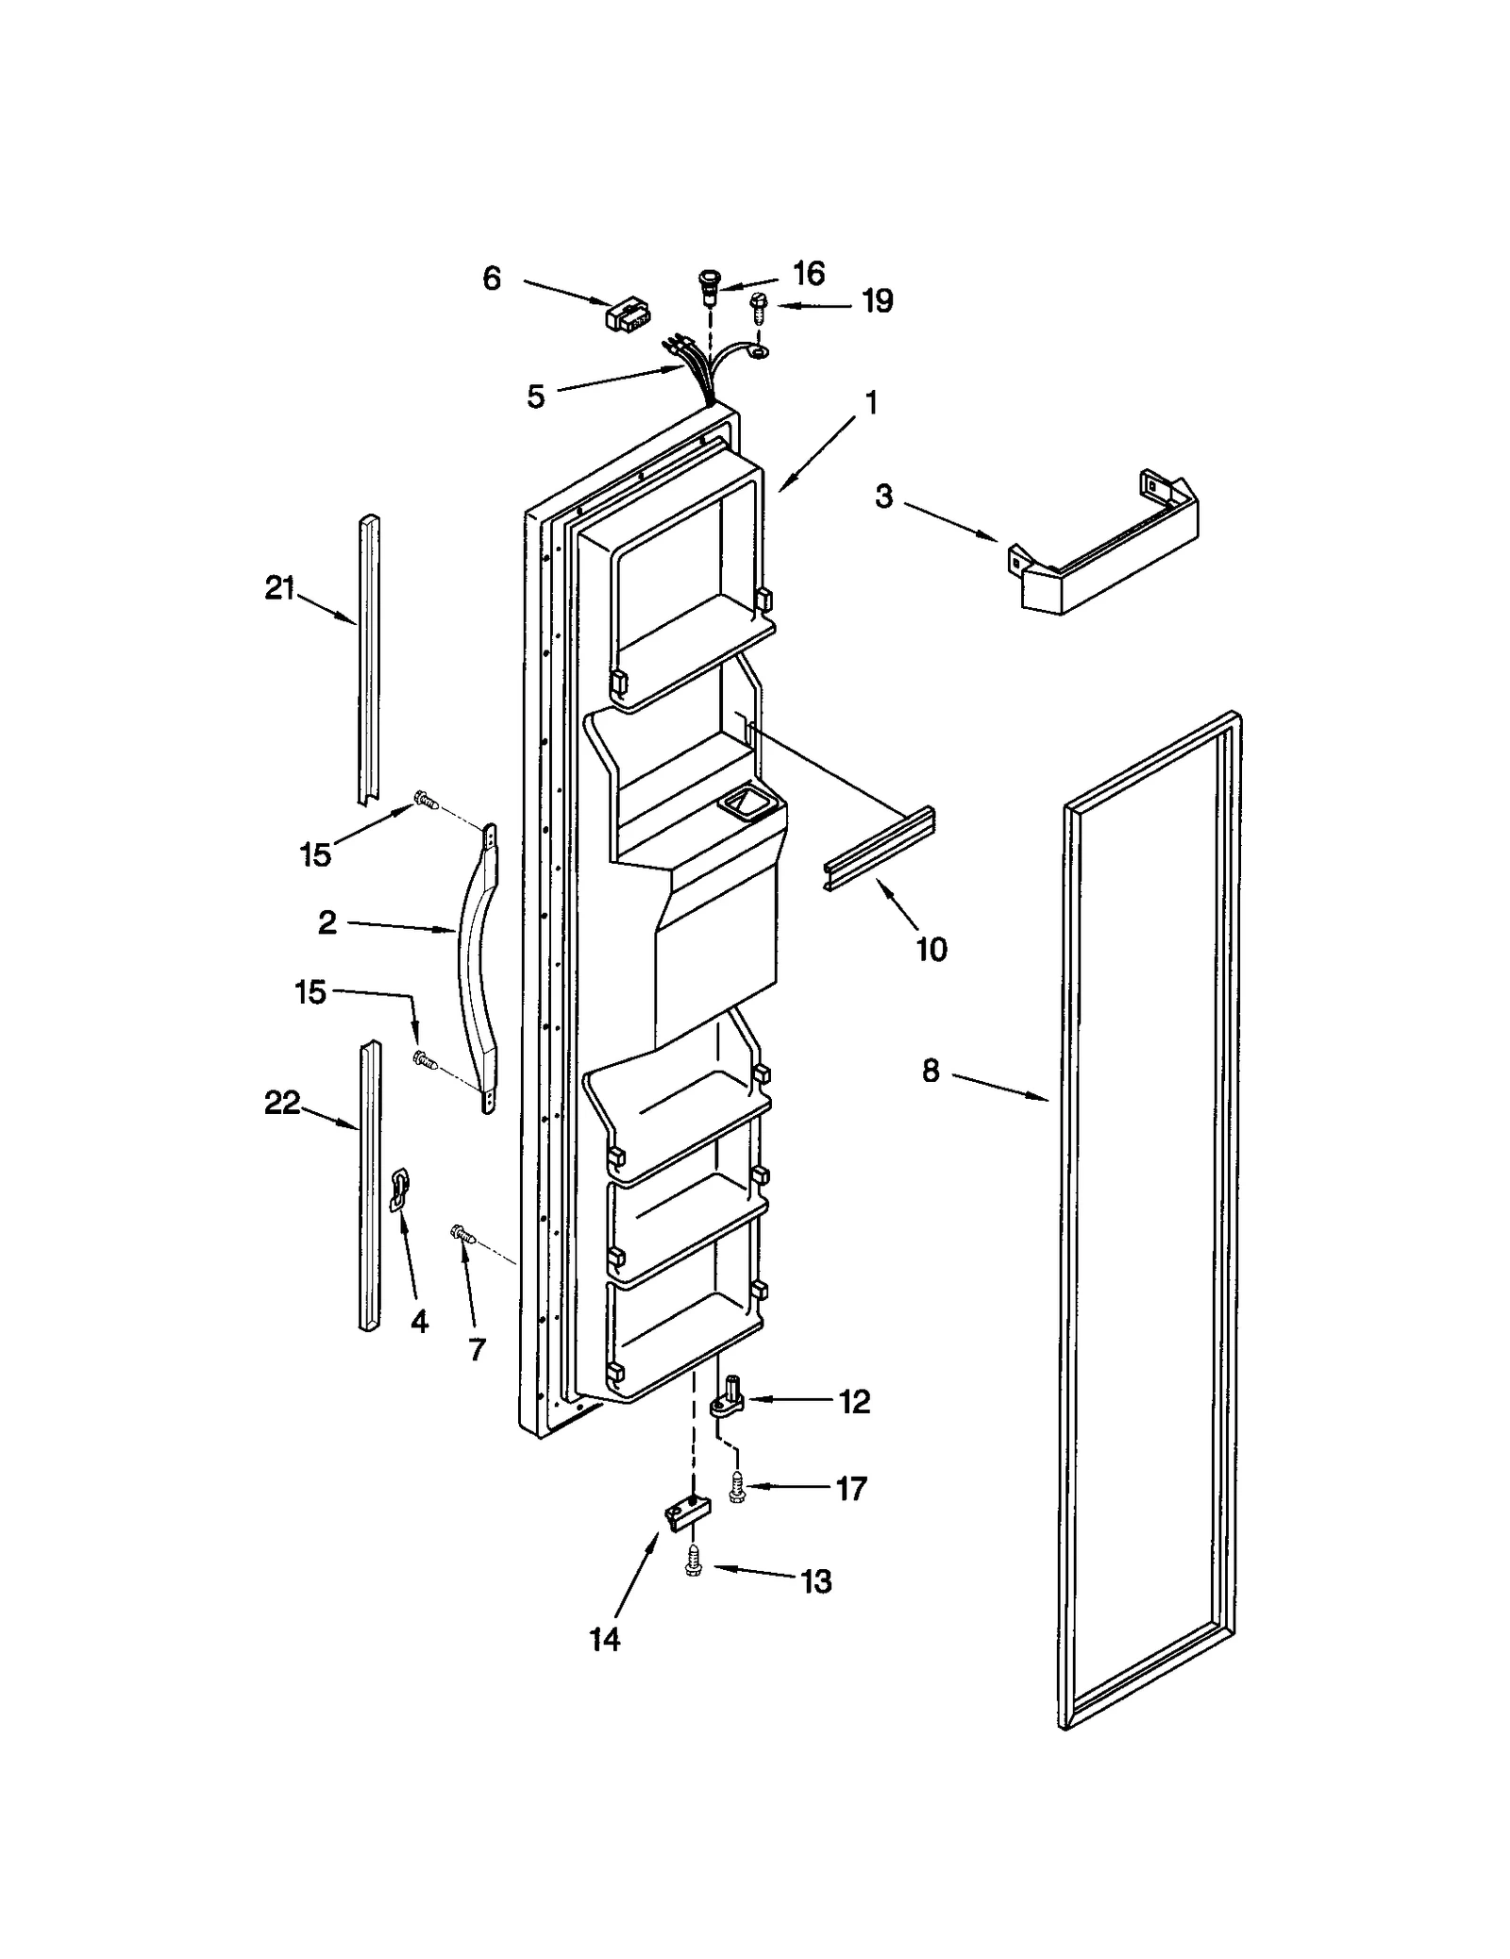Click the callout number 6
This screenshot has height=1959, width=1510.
(x=491, y=279)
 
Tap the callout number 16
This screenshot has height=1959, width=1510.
(x=809, y=274)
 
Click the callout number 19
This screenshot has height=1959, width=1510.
(x=877, y=302)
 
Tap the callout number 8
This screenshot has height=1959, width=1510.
(x=931, y=1071)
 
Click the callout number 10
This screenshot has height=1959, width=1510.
(x=931, y=949)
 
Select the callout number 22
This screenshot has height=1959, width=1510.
(x=281, y=1102)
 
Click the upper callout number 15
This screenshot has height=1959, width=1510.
(x=315, y=855)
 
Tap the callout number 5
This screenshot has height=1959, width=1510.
(x=535, y=397)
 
